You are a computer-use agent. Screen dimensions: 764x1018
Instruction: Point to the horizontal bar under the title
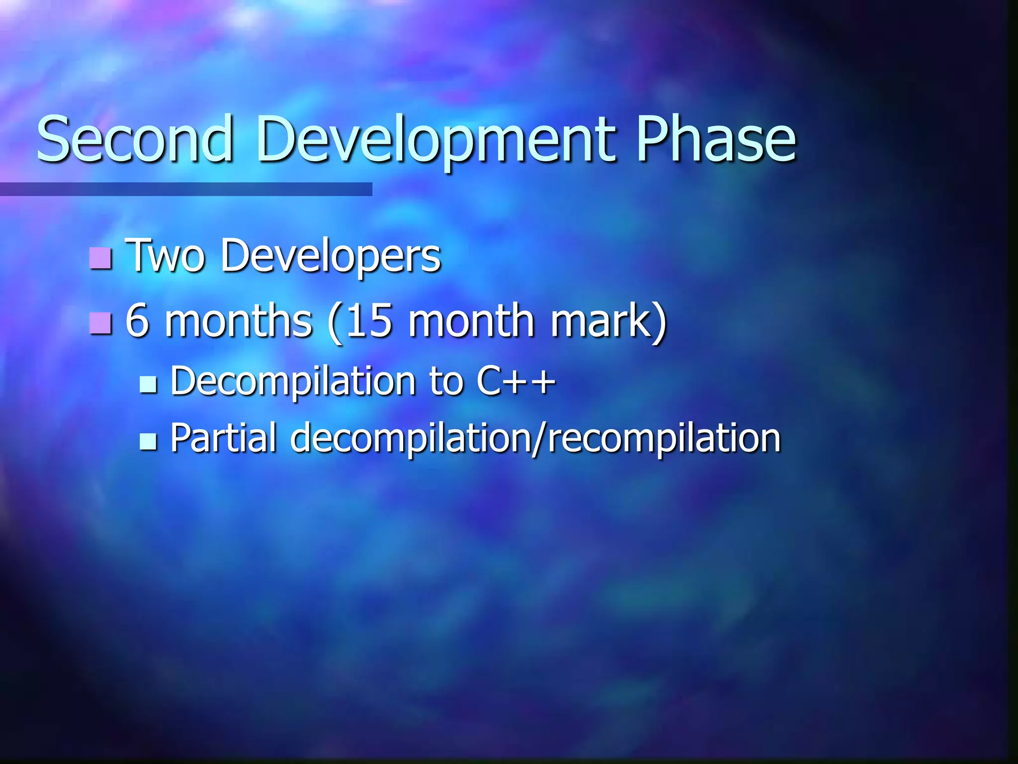186,189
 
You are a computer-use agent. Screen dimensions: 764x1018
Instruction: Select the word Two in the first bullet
165,256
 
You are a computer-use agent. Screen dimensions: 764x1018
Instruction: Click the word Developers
331,256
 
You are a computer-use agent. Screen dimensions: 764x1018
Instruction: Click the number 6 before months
137,321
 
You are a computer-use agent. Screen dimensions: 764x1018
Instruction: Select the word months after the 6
238,321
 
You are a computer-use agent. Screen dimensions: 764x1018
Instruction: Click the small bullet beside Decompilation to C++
148,384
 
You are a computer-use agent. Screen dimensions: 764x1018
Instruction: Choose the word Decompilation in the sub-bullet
293,382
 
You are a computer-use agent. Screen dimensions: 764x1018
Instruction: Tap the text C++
516,382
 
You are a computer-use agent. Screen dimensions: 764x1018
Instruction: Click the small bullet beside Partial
148,441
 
